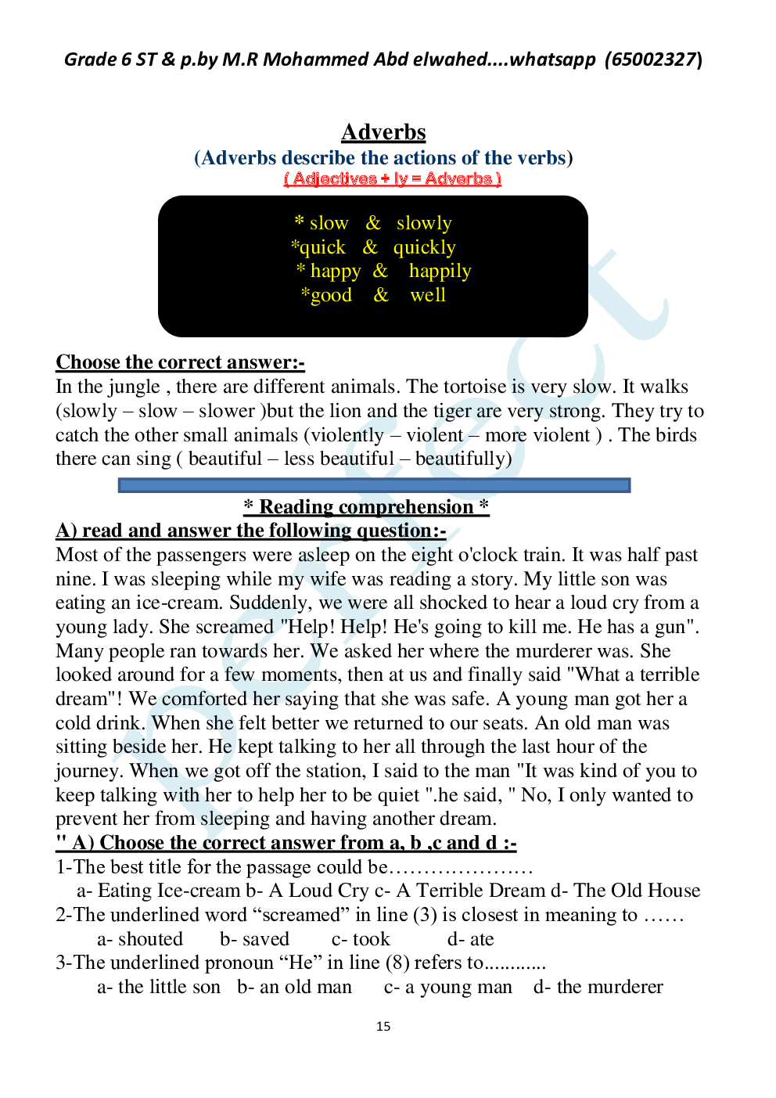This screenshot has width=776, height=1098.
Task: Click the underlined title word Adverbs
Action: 383,132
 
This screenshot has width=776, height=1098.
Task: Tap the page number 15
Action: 383,1026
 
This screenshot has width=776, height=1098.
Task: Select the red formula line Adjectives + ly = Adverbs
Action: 392,178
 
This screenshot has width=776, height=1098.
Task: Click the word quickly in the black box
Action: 424,247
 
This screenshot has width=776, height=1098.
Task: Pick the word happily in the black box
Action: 440,271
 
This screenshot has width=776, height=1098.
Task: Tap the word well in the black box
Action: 428,295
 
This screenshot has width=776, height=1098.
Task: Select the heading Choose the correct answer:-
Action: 180,362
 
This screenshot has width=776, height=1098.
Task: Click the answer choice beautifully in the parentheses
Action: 462,459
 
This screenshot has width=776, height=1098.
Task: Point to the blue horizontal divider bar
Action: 374,485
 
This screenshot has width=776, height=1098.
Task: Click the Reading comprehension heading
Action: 366,507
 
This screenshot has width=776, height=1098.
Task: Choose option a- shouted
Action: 140,939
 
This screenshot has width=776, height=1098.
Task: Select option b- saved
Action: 254,939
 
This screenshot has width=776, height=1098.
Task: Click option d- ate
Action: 470,939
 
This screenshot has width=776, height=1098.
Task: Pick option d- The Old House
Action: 625,891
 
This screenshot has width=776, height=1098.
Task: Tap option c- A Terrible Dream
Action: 460,891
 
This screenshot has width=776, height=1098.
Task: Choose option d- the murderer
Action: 598,987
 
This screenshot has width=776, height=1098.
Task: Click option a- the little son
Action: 159,987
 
